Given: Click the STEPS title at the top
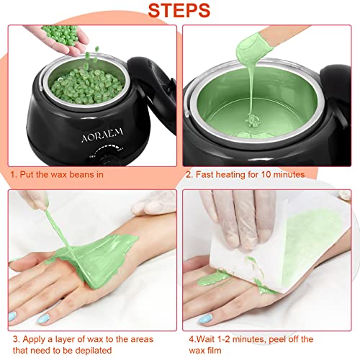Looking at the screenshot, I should tap(180, 12).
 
